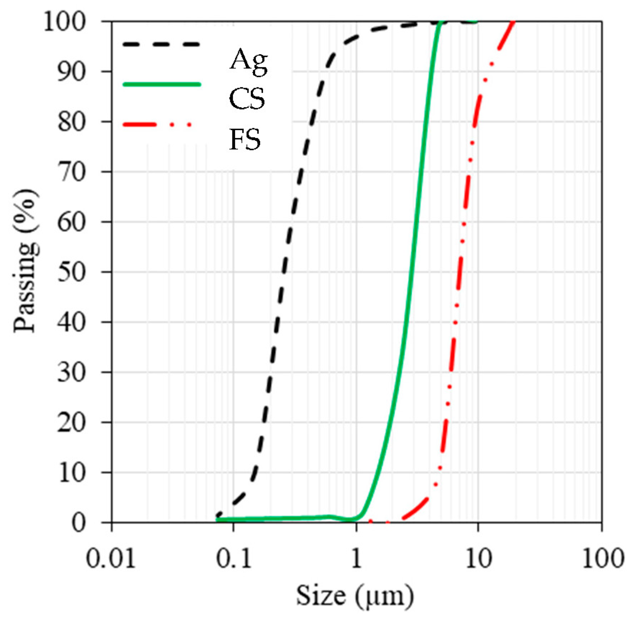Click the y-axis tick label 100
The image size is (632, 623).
[65, 22]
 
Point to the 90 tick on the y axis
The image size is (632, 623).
[72, 72]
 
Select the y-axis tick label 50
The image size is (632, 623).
[72, 272]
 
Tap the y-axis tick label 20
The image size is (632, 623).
[72, 423]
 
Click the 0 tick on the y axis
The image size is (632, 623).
[79, 523]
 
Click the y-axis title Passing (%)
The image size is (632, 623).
[26, 261]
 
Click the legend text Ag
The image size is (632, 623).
[248, 61]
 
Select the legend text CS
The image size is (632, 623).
[247, 99]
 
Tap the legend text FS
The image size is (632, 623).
[245, 140]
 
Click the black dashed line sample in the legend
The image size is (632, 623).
[161, 44]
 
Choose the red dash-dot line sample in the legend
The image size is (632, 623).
[157, 125]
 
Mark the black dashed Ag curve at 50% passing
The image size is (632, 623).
[284, 272]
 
